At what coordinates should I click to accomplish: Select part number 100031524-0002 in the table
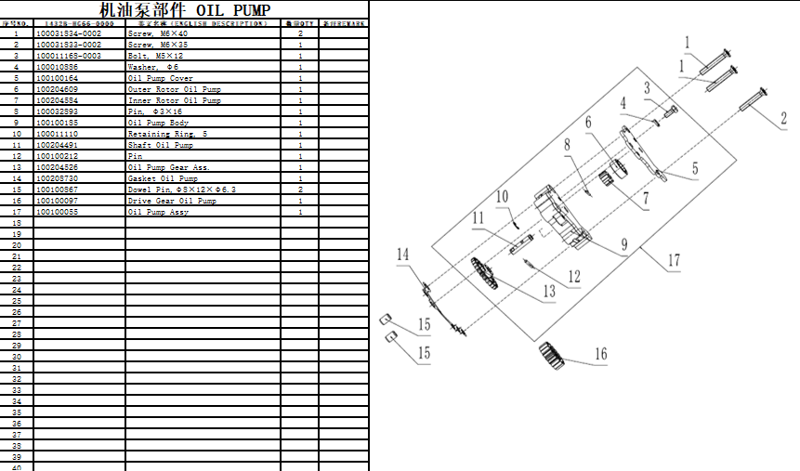coord(69,33)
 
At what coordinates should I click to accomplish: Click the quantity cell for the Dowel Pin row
coord(300,190)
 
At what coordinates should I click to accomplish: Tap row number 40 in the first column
coord(16,467)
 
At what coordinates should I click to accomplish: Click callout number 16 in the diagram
coord(600,354)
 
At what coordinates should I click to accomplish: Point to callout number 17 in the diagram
coord(674,261)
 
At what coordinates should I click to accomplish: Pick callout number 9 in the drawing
coord(624,244)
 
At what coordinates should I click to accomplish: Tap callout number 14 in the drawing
coord(403,255)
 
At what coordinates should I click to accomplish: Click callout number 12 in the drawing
coord(573,276)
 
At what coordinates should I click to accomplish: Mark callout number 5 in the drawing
coord(693,170)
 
